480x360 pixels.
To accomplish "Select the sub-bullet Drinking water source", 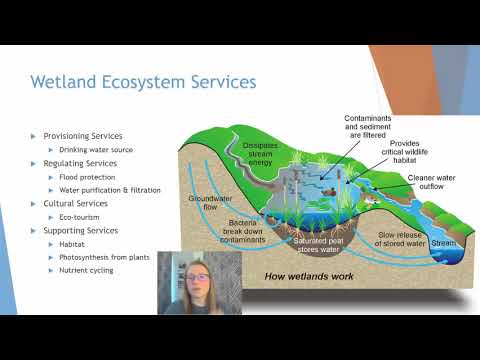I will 101,149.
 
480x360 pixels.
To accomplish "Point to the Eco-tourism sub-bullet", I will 86,217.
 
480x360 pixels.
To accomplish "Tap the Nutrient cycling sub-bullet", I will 91,271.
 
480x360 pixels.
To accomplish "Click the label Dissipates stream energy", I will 265,153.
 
